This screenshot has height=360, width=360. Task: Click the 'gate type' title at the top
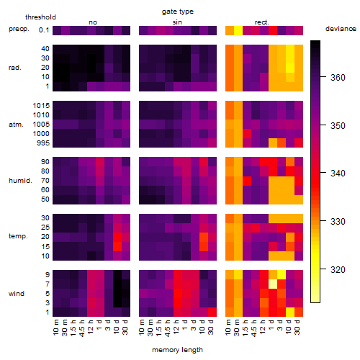pyautogui.click(x=178, y=12)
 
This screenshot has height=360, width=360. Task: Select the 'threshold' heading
pyautogui.click(x=40, y=17)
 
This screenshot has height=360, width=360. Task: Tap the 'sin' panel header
pyautogui.click(x=177, y=22)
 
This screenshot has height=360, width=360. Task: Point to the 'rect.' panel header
pyautogui.click(x=261, y=22)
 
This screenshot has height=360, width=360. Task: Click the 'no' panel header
pyautogui.click(x=93, y=22)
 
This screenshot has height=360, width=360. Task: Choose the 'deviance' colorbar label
pyautogui.click(x=341, y=29)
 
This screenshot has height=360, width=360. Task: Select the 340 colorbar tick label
pyautogui.click(x=338, y=173)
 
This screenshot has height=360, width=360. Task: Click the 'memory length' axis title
pyautogui.click(x=177, y=350)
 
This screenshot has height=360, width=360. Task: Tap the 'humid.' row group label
pyautogui.click(x=20, y=181)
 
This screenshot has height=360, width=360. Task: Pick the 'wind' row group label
pyautogui.click(x=17, y=294)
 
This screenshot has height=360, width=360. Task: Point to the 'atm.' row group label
pyautogui.click(x=16, y=125)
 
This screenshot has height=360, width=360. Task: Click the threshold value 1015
pyautogui.click(x=41, y=106)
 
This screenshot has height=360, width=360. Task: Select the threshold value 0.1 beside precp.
pyautogui.click(x=44, y=30)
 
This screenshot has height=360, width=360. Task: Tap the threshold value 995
pyautogui.click(x=43, y=143)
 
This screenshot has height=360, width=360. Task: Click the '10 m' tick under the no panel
pyautogui.click(x=56, y=327)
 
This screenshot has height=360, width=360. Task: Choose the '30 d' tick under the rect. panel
pyautogui.click(x=297, y=327)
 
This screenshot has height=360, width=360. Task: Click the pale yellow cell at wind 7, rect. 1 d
pyautogui.click(x=273, y=284)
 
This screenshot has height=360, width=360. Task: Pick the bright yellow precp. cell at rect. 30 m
pyautogui.click(x=238, y=30)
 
